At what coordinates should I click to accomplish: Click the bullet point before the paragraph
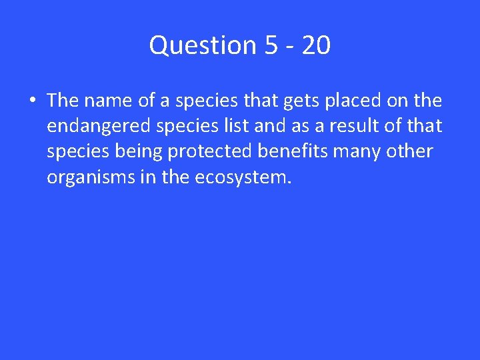point(32,101)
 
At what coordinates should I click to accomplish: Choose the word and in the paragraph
point(268,126)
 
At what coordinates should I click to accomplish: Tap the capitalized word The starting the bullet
point(63,101)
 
